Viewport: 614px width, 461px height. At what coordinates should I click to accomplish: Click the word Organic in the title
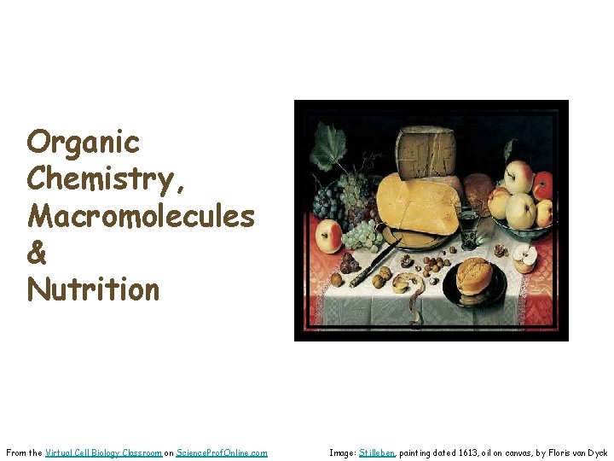(83, 142)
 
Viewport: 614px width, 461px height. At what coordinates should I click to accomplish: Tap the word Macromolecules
(141, 216)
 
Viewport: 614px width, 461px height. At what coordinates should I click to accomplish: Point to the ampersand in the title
(38, 253)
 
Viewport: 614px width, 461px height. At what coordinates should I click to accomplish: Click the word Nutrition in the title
(93, 289)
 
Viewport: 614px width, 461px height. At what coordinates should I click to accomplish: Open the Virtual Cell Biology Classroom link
(104, 452)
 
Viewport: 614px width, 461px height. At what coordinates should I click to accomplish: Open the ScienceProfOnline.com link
(222, 452)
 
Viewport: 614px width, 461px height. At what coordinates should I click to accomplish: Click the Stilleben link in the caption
(377, 452)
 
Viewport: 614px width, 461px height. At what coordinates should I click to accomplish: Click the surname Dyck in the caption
(597, 452)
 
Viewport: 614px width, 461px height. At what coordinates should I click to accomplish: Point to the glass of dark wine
(467, 224)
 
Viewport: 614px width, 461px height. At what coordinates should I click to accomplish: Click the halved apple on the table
(524, 255)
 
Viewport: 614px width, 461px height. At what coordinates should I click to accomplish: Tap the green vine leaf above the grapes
(327, 146)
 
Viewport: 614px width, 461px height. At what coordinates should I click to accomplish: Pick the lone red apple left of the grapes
(328, 235)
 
